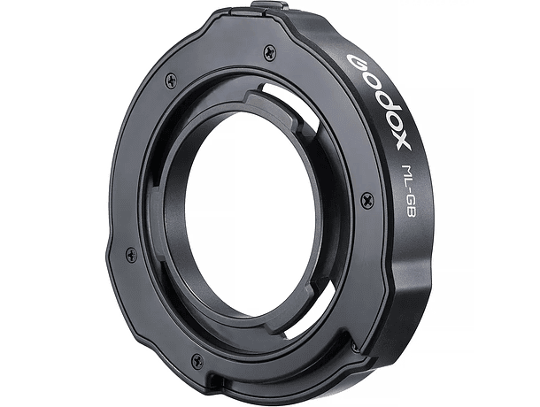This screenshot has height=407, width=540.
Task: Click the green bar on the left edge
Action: click(x=33, y=203)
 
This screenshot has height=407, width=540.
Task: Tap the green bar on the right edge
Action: click(x=506, y=203)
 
